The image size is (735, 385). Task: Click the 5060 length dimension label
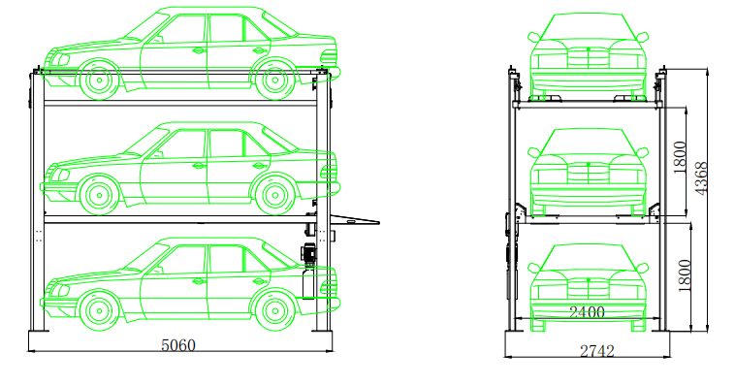click(x=178, y=345)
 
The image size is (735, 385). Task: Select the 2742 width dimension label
click(x=596, y=351)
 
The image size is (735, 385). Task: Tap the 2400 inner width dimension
click(x=587, y=312)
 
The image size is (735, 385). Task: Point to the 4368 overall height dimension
click(x=701, y=178)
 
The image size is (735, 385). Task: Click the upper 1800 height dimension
click(x=680, y=157)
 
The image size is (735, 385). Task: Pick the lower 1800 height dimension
click(x=685, y=275)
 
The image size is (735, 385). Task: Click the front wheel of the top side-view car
click(x=99, y=80)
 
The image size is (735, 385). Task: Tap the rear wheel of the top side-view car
click(x=274, y=80)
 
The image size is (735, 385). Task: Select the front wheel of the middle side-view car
click(x=99, y=195)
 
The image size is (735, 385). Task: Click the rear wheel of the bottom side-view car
click(x=274, y=310)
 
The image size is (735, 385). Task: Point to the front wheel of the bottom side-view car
click(x=99, y=310)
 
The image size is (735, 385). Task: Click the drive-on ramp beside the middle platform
click(x=354, y=219)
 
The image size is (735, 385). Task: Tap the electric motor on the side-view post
click(x=309, y=253)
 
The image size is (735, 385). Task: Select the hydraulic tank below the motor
click(x=308, y=284)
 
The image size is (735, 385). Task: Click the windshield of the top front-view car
click(x=589, y=27)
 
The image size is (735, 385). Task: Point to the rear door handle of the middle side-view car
click(x=258, y=166)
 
